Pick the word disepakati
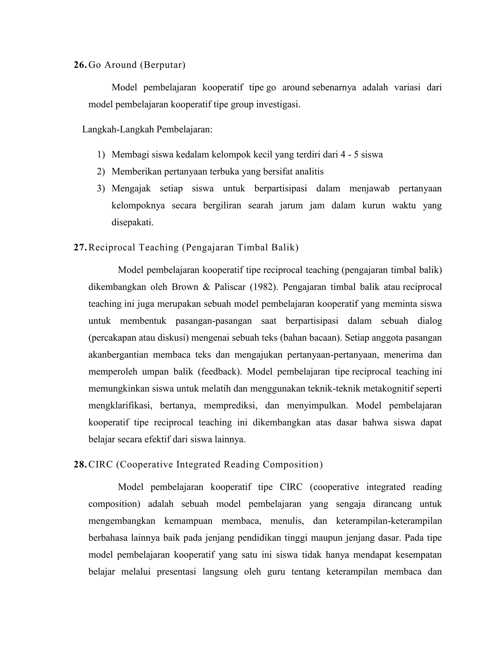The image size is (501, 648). pos(132,222)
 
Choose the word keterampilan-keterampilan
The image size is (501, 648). pos(389,521)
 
